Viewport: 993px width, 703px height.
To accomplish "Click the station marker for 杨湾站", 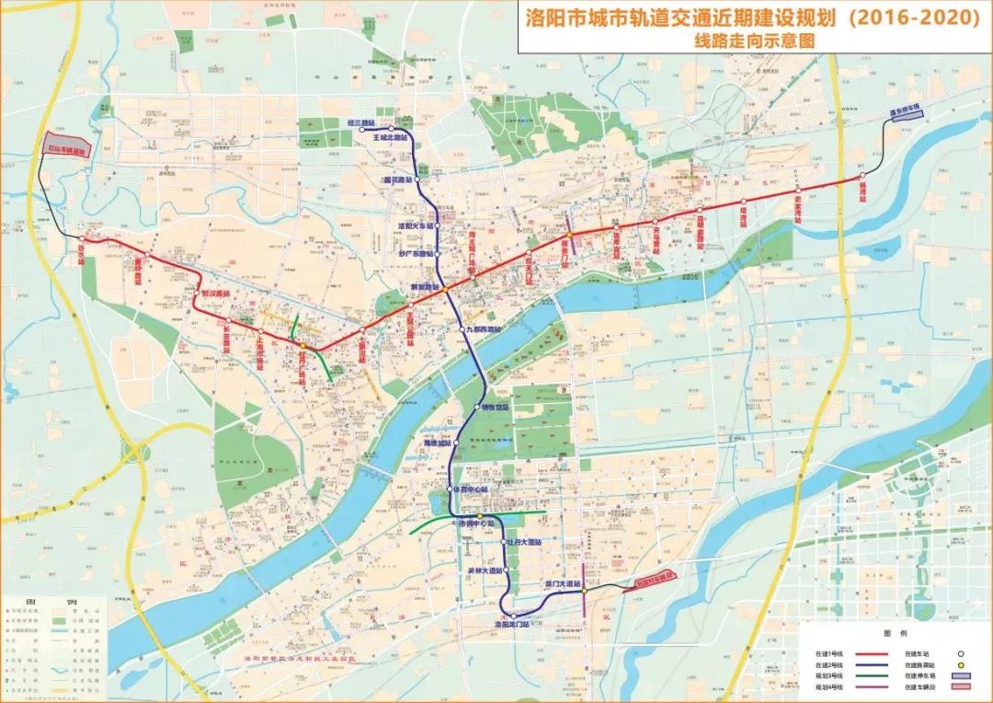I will coord(862,176).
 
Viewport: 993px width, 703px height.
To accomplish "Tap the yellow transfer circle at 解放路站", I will coord(443,291).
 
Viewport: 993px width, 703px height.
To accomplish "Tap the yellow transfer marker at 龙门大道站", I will coord(583,593).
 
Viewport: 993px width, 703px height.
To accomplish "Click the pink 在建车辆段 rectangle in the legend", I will coord(960,686).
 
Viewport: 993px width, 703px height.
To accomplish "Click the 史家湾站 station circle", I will coord(797,191).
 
